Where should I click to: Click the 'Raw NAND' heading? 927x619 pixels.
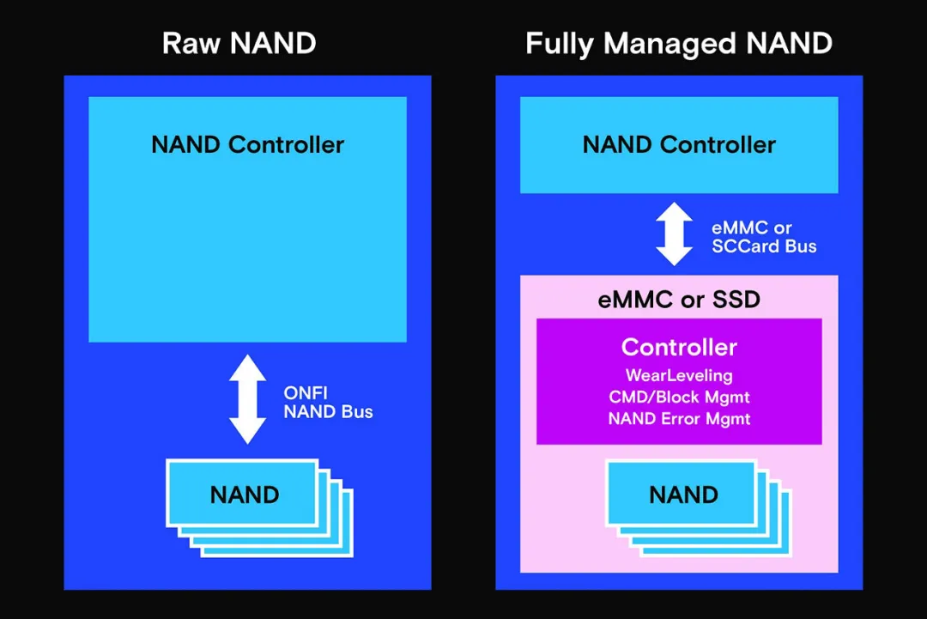(239, 43)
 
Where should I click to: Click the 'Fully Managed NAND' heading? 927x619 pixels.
(678, 43)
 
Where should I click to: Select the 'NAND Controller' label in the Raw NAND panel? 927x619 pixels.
(247, 145)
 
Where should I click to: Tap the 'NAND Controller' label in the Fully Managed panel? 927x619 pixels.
(678, 145)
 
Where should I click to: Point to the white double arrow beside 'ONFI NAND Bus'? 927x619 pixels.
(247, 399)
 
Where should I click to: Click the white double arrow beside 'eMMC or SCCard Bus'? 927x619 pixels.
(674, 234)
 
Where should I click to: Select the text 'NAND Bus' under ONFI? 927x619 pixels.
(328, 412)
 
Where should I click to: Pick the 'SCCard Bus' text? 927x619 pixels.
(764, 246)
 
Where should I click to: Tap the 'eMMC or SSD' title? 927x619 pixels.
(678, 300)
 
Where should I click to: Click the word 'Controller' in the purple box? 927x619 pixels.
(678, 348)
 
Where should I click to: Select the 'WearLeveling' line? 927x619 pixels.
(678, 375)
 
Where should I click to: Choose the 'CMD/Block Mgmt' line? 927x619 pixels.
(678, 397)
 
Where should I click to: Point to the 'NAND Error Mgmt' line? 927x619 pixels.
(678, 419)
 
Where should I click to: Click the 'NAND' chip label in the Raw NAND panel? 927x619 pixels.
(245, 495)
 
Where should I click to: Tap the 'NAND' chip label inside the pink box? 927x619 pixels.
(683, 495)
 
